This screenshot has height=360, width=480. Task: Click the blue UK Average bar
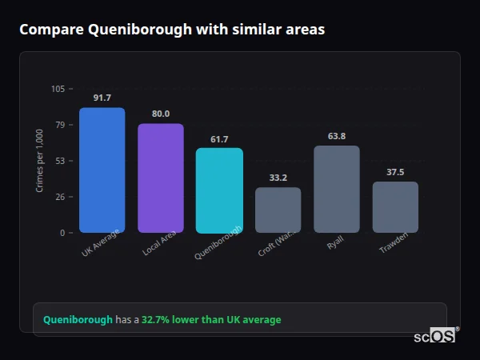[102, 170]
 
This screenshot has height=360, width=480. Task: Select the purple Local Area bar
[161, 178]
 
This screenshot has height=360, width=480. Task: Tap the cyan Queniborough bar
[219, 190]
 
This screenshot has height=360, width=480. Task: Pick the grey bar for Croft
[278, 210]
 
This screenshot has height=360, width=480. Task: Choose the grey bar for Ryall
[337, 189]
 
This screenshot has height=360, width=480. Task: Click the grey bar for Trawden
[395, 207]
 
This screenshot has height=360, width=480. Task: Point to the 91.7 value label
[102, 98]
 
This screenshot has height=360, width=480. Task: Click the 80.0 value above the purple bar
[161, 114]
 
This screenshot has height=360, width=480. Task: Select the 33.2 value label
[278, 178]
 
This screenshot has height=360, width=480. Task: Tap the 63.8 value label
[337, 136]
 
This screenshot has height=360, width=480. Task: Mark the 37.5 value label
[395, 172]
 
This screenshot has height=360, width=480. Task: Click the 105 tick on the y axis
[58, 89]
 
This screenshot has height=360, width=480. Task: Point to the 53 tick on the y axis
[60, 161]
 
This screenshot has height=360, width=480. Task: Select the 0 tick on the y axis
[62, 233]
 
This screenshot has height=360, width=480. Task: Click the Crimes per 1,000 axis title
[40, 160]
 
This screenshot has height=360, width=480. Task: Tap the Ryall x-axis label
[334, 243]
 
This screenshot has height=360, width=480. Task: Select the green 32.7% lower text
[211, 319]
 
